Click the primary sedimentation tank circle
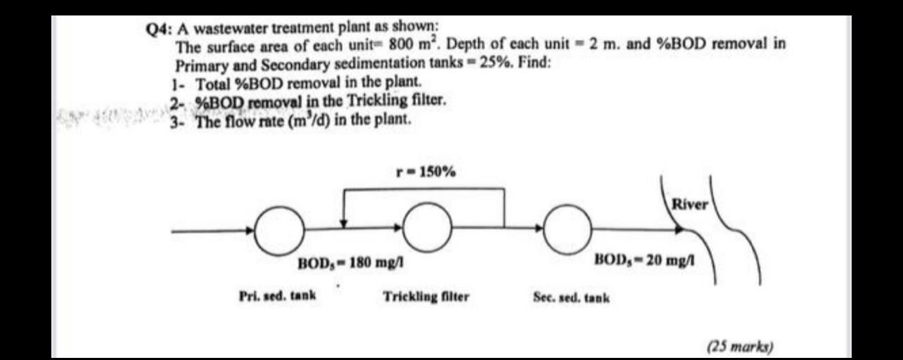[x=274, y=229]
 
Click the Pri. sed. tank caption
[x=277, y=296]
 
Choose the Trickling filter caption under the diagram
[x=426, y=297]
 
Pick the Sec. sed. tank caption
[x=572, y=297]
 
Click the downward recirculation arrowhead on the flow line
[x=344, y=223]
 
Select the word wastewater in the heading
[x=227, y=30]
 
